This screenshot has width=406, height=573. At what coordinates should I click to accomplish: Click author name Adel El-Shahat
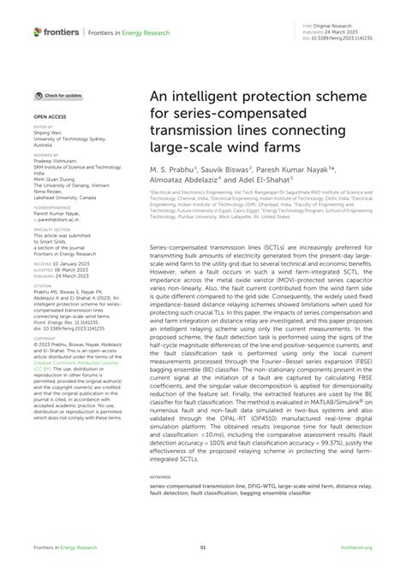[x=274, y=180]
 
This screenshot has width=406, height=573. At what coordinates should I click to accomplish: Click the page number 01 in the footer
[x=203, y=548]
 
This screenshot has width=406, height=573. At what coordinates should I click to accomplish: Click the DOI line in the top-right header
[x=346, y=39]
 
